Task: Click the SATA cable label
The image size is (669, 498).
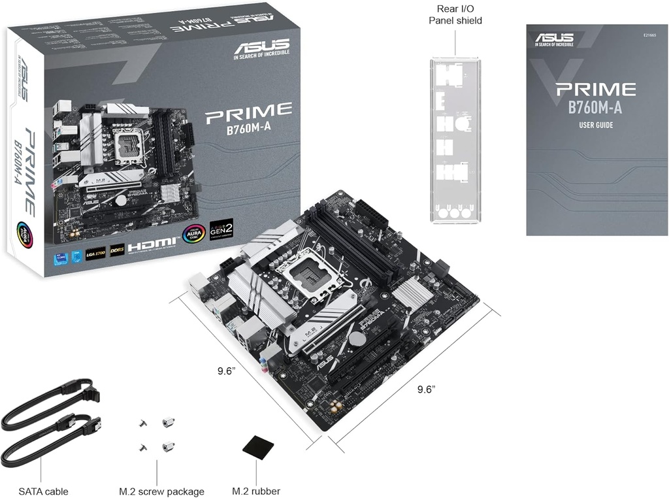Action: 43,491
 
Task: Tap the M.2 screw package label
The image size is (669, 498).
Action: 161,491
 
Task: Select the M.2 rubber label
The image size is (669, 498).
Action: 256,491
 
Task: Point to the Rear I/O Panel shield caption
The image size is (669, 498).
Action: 455,14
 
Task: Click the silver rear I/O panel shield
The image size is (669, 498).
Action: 455,140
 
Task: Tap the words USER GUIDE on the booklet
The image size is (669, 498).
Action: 595,125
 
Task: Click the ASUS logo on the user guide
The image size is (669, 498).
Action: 554,39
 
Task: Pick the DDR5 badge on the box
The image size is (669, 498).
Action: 117,248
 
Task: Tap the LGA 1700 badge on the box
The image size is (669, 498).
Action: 95,252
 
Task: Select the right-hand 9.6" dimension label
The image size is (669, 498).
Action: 426,390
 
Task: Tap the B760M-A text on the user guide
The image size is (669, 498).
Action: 595,108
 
